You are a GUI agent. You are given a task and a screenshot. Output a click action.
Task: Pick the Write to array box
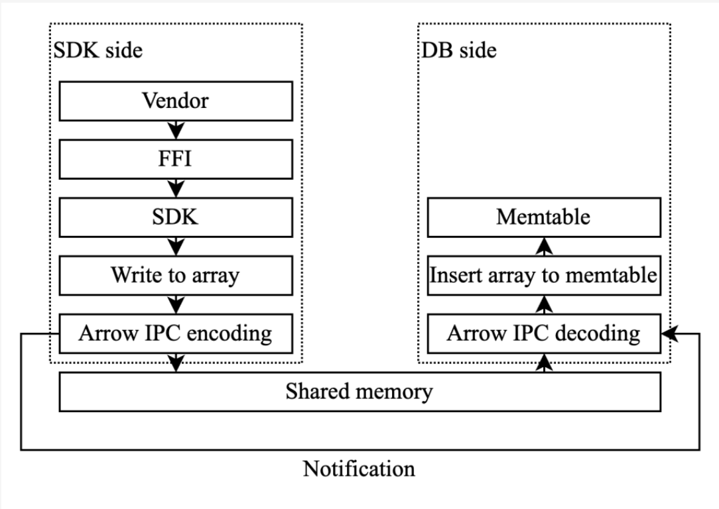[x=176, y=276]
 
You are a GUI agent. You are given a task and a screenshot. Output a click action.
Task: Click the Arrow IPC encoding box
[x=176, y=333]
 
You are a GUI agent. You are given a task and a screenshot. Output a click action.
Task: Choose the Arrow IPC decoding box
[x=543, y=333]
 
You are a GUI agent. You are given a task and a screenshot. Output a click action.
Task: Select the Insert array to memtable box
[x=543, y=276]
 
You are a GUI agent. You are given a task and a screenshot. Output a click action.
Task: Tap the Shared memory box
[x=360, y=391]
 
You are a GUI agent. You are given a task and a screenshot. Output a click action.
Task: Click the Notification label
[x=359, y=469]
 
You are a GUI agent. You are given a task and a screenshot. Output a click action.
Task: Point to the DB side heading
[x=459, y=50]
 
